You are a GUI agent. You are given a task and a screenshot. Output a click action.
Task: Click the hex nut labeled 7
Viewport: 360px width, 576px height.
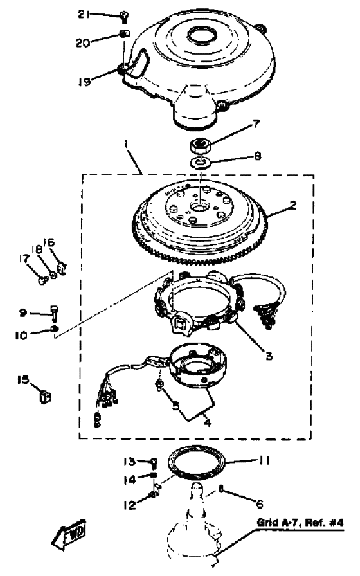[x=199, y=145]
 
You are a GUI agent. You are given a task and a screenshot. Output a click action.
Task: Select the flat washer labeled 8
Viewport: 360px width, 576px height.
[x=200, y=161]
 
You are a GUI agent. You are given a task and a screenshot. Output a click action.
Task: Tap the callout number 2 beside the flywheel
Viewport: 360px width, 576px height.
[x=292, y=205]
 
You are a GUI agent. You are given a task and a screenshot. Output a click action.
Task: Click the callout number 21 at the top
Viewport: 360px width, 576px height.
[x=84, y=14]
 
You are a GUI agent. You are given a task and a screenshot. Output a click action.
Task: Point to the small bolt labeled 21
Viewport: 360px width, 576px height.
[x=124, y=17]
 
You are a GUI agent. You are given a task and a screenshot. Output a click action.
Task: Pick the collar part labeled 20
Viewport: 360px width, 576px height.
[x=125, y=34]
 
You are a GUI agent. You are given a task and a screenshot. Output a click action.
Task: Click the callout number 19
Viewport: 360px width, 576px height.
[x=84, y=82]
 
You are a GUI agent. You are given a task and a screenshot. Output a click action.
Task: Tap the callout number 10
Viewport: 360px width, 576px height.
[x=21, y=336]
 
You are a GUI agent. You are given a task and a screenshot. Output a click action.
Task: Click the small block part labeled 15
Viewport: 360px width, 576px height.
[x=45, y=397]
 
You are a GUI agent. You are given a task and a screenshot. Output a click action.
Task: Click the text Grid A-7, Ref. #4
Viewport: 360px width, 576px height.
[x=300, y=523]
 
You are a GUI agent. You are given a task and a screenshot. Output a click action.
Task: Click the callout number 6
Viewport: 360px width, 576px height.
[x=259, y=504]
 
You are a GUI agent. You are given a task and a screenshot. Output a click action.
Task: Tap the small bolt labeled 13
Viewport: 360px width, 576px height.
[x=154, y=462]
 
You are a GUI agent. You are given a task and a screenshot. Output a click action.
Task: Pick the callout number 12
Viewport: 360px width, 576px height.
[x=129, y=505]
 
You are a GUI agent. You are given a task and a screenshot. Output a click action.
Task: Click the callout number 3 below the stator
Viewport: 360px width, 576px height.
[x=269, y=355]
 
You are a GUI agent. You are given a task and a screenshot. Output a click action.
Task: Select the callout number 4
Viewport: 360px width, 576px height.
[x=208, y=423]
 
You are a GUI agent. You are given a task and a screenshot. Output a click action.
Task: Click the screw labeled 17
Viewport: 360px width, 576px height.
[x=42, y=281]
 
